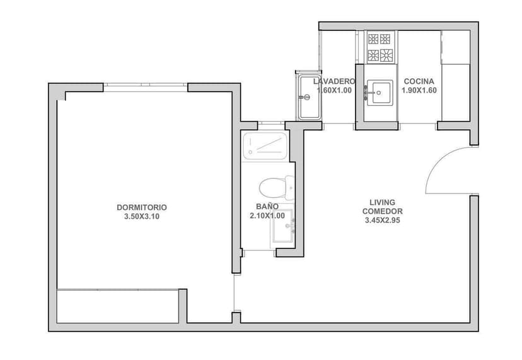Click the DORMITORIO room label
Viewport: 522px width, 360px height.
pos(142,207)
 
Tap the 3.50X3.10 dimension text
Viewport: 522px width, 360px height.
pos(142,216)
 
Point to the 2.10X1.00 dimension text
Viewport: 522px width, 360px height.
pos(267,216)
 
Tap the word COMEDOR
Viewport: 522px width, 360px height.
pos(383,211)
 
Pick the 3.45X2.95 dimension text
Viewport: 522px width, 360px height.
pos(383,221)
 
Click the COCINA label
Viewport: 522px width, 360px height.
pos(419,81)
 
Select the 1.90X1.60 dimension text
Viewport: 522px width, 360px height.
pos(419,90)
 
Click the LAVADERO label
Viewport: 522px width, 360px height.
pos(334,81)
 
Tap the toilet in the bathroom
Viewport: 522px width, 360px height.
pos(276,187)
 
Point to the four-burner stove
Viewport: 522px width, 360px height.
pos(381,47)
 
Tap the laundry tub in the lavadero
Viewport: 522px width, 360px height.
pos(309,96)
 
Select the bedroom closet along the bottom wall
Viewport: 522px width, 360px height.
pos(117,306)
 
